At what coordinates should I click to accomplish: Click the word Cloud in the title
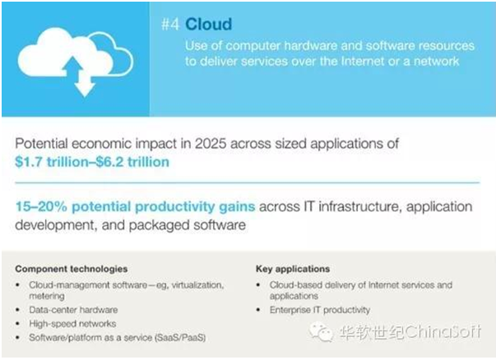(x=208, y=24)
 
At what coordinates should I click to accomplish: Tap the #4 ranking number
(x=170, y=24)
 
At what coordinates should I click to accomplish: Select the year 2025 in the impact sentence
(x=211, y=144)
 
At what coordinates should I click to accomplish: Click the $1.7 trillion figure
(x=52, y=162)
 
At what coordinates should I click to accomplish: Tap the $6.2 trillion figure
(x=132, y=162)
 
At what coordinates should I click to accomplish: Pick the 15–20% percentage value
(x=41, y=206)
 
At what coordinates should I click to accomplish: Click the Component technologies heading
(x=72, y=269)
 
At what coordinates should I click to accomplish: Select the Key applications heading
(x=293, y=269)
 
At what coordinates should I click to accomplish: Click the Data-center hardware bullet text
(x=73, y=310)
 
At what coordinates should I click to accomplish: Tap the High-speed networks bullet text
(x=72, y=324)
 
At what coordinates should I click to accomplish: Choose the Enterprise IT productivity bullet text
(x=320, y=310)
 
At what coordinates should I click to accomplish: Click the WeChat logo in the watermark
(x=321, y=332)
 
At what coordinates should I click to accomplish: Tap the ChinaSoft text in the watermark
(x=443, y=331)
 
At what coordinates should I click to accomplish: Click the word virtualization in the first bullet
(x=197, y=285)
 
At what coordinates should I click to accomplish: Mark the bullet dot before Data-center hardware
(x=18, y=310)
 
